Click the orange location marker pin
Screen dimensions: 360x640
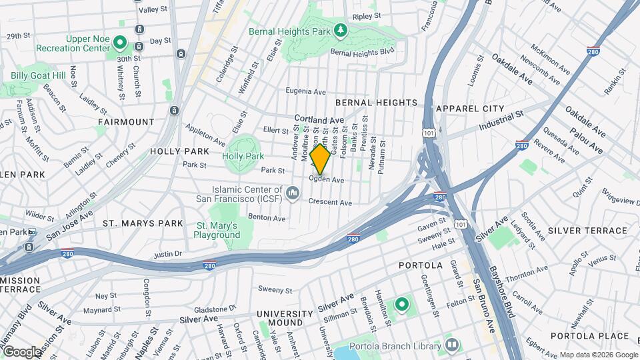[x=320, y=159]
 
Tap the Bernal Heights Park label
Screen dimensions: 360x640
[x=290, y=31]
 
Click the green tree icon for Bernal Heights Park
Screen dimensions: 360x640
[x=341, y=30]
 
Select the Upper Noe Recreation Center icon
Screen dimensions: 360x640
[x=120, y=43]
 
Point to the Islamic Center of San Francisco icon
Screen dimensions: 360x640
[x=292, y=193]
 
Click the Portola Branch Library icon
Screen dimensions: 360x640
[x=452, y=345]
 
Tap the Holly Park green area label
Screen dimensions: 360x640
[x=244, y=156]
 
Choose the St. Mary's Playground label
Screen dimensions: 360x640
[x=217, y=230]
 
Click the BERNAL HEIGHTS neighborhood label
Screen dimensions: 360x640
[x=376, y=103]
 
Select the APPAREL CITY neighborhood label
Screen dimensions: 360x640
[x=469, y=108]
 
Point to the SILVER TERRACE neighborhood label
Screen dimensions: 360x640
[x=587, y=231]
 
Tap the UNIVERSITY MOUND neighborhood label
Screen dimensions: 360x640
[x=285, y=319]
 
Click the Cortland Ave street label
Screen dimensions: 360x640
[x=320, y=120]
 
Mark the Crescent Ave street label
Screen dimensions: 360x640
[x=330, y=202]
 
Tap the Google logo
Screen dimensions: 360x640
[x=21, y=351]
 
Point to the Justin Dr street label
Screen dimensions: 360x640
[x=167, y=253]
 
